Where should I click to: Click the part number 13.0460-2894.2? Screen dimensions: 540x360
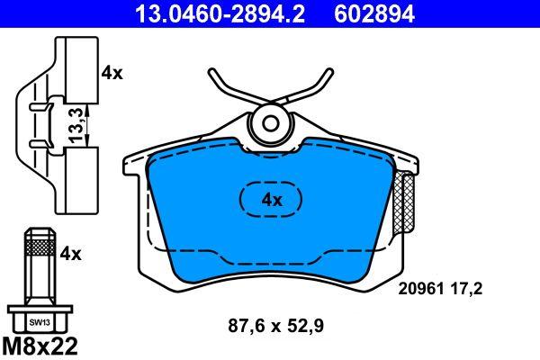point(220,14)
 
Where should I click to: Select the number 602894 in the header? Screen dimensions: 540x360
point(374,14)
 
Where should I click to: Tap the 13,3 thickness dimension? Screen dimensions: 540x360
point(76,125)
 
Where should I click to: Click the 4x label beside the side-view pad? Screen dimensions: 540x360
point(112,73)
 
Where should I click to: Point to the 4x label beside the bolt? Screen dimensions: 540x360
point(70,254)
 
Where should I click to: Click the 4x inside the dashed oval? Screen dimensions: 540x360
point(272,200)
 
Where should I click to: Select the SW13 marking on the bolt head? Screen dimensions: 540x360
point(40,323)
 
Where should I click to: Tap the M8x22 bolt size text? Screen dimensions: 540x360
point(40,346)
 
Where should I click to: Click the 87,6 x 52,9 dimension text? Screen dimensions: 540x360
point(276,325)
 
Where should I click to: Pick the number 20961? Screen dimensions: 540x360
point(421,289)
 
